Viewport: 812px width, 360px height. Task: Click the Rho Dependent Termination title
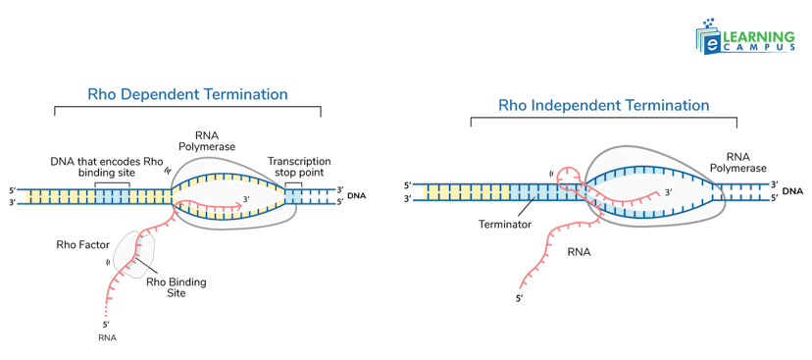187,95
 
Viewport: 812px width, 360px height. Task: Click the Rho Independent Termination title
604,103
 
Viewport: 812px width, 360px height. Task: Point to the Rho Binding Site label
176,286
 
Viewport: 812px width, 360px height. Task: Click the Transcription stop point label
298,166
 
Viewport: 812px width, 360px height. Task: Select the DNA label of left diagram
357,196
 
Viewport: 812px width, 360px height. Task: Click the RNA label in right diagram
581,250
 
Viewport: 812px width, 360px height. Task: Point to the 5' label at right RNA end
520,297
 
